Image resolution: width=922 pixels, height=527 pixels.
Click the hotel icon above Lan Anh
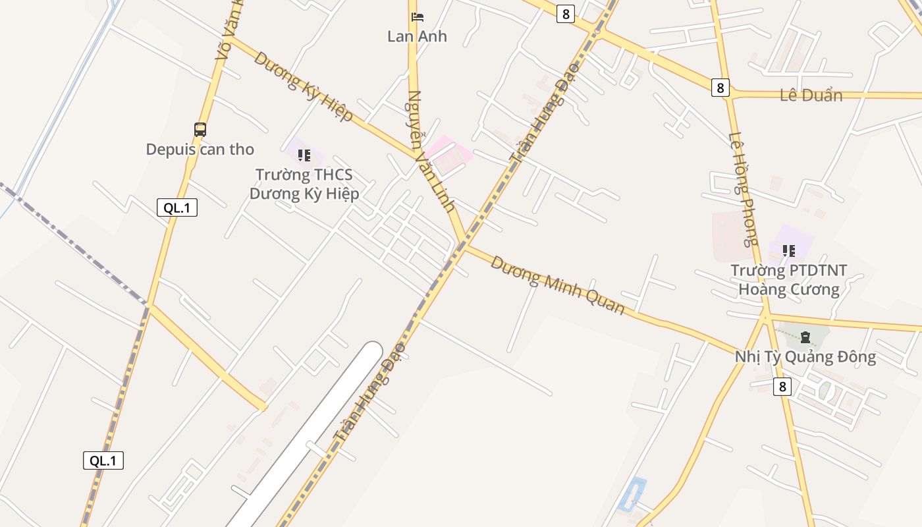[x=417, y=17]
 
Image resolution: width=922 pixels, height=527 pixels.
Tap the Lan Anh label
[x=417, y=36]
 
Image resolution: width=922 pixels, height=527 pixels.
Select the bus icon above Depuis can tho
[x=200, y=130]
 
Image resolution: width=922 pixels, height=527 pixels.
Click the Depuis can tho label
[x=200, y=150]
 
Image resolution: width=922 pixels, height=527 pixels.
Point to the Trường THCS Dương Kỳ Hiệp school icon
[x=304, y=155]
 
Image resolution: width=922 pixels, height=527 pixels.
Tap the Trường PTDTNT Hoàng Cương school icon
[x=788, y=250]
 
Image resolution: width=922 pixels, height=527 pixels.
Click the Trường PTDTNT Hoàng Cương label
[x=788, y=280]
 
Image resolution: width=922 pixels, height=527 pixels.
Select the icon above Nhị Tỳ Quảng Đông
[x=805, y=338]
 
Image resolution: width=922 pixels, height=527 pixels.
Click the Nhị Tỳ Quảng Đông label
[x=805, y=357]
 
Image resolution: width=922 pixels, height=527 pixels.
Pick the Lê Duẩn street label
[x=811, y=96]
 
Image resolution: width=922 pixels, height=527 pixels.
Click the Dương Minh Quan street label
[x=557, y=285]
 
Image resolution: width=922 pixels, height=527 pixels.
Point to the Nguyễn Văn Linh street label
[x=431, y=151]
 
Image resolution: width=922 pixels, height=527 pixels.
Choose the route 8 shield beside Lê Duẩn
[x=720, y=87]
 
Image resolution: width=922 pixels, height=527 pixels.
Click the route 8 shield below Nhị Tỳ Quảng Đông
[x=782, y=386]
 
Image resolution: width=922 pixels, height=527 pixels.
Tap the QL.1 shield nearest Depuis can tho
[x=177, y=208]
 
